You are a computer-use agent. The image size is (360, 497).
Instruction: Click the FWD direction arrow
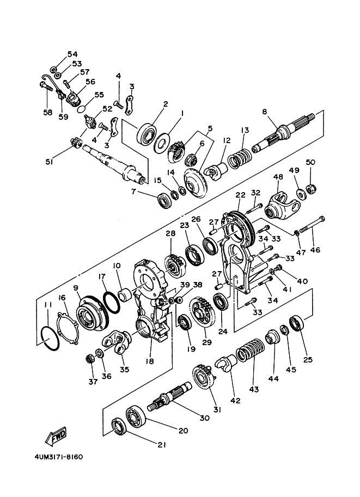pos(56,436)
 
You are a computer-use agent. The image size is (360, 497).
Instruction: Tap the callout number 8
pos(265,112)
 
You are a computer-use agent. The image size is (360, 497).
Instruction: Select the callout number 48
pos(278,177)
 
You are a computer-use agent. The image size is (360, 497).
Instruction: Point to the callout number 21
pos(161,445)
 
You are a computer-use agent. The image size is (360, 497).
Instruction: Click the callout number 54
pos(72,54)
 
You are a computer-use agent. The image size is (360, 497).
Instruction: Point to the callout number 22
pos(241,195)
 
